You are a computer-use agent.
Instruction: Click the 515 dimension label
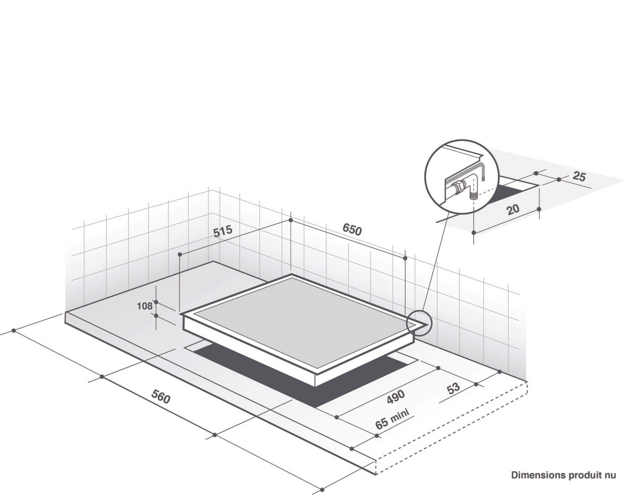tap(223, 231)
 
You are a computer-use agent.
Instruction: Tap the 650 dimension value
tap(352, 229)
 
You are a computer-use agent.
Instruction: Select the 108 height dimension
tap(145, 306)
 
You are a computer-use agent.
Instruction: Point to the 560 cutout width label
tap(161, 396)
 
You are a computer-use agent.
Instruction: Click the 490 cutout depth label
tap(396, 396)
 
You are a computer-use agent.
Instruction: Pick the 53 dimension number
tap(454, 389)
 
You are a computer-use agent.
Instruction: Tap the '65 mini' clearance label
tap(393, 418)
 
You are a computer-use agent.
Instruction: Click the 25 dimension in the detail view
tap(579, 176)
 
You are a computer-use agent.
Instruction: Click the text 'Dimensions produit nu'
tap(563, 475)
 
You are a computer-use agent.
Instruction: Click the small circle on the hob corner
tap(419, 323)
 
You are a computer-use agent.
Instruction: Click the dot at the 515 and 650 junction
tap(291, 220)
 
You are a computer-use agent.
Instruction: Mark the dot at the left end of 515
tap(180, 255)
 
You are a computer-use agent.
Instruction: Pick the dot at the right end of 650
tap(405, 258)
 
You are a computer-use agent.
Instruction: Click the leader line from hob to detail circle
tap(437, 262)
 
